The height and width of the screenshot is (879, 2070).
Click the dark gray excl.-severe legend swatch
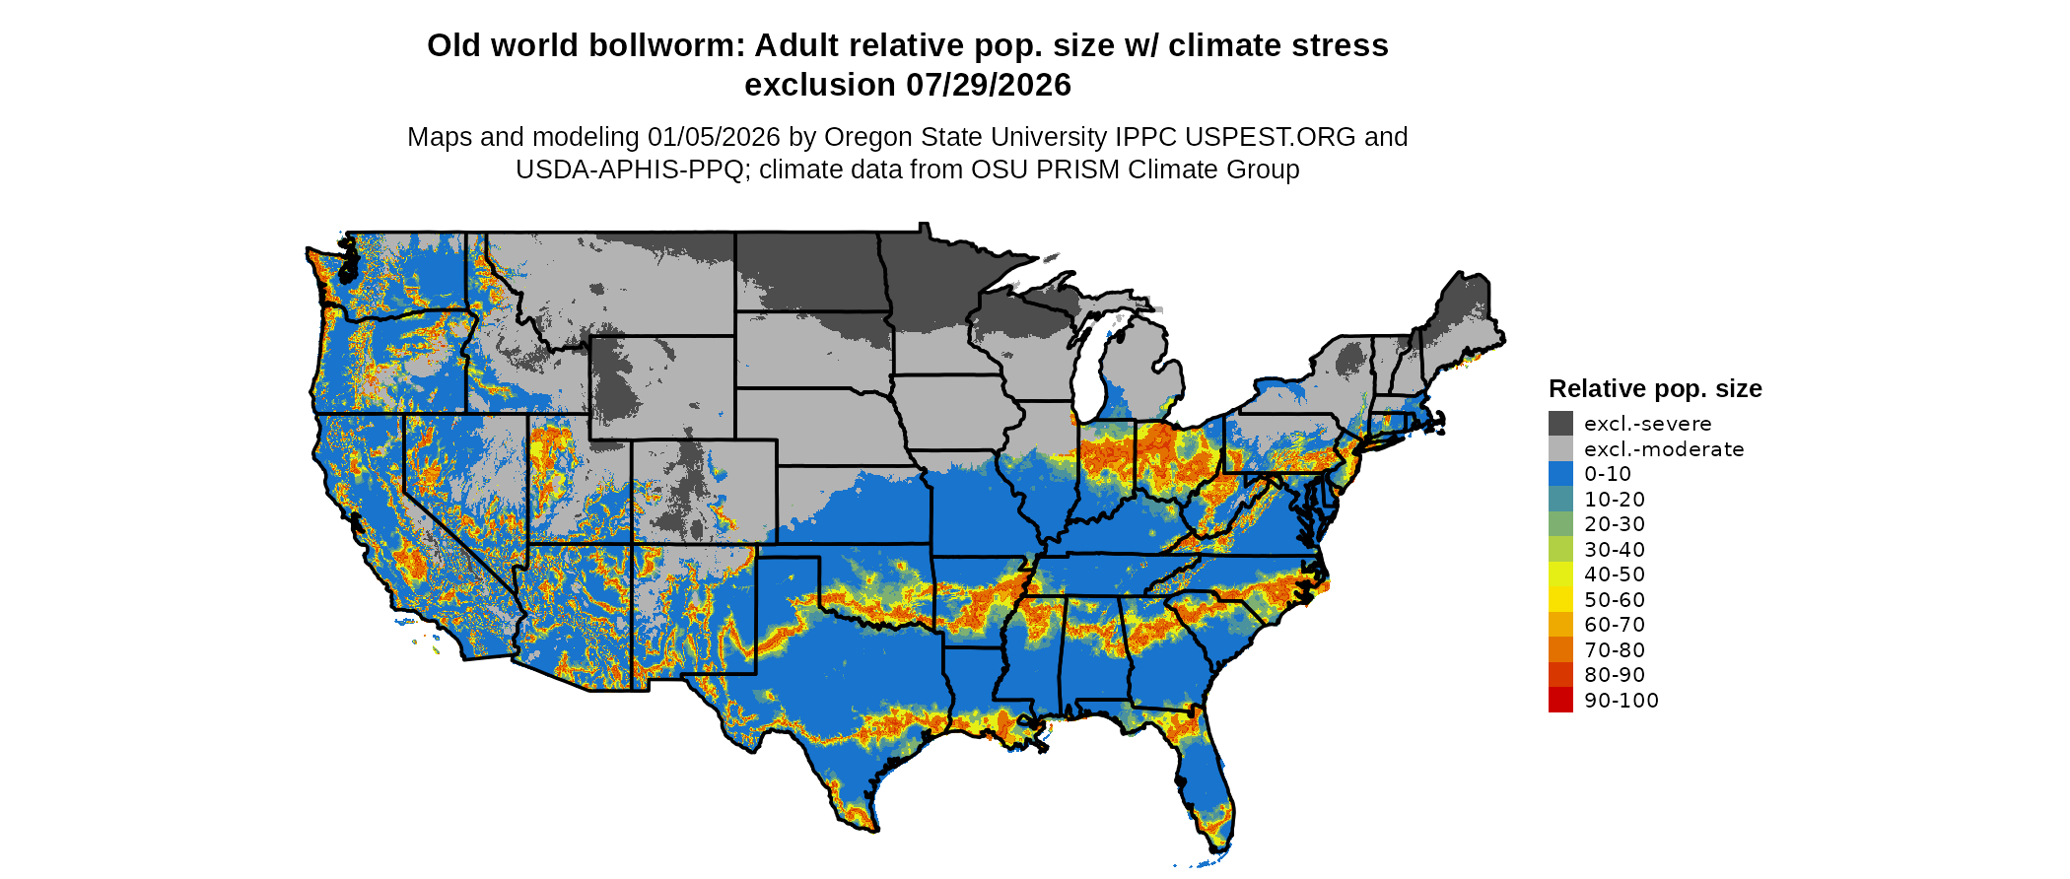[1560, 424]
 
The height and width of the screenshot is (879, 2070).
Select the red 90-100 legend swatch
[1560, 700]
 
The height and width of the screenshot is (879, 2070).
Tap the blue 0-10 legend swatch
[1560, 474]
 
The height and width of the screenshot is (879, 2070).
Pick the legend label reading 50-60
[1615, 600]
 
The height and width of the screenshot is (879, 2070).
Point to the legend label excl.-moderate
[1664, 449]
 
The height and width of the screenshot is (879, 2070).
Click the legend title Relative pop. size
[1655, 388]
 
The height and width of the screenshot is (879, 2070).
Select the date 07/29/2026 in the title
[989, 86]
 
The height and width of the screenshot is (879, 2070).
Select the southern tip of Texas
[867, 828]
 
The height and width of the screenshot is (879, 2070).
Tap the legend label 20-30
[1615, 524]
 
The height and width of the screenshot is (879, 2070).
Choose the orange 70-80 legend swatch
[1560, 649]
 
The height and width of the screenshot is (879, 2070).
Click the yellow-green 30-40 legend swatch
[1560, 549]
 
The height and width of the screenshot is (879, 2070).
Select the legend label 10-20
[1615, 500]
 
